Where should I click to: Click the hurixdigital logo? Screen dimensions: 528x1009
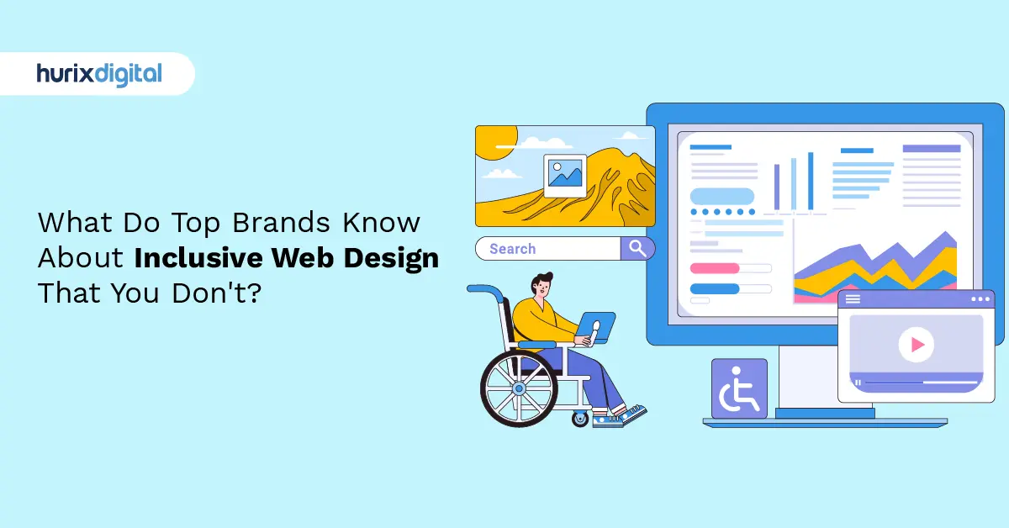(x=98, y=74)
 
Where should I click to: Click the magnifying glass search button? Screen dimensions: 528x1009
(x=637, y=248)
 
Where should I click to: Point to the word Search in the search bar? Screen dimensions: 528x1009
(x=512, y=249)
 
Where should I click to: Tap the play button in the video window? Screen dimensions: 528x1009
(x=916, y=344)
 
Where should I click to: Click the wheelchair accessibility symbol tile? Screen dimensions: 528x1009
(x=739, y=388)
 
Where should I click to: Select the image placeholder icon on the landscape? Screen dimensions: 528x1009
(x=564, y=175)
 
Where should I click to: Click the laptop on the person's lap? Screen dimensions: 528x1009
(x=596, y=326)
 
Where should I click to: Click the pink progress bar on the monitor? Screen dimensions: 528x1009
(x=714, y=268)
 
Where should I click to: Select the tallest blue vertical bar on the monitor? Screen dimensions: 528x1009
(x=811, y=181)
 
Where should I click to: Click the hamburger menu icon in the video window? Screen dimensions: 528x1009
(x=853, y=298)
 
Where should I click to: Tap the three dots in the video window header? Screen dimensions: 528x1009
(x=980, y=298)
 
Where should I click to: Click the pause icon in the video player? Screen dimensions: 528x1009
(x=858, y=383)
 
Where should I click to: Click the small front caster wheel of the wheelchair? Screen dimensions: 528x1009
(x=581, y=417)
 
